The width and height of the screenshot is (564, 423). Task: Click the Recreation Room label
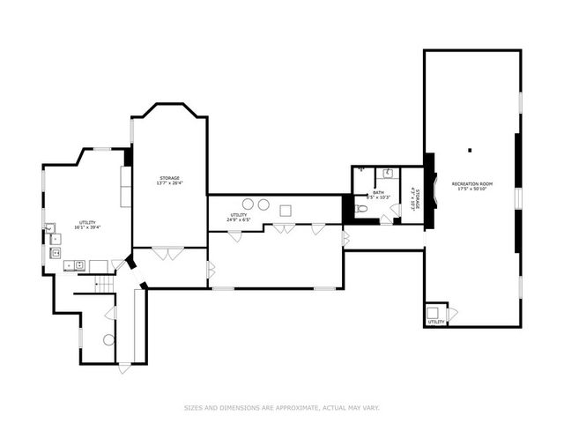click(x=471, y=183)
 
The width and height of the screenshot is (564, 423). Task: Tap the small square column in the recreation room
click(x=471, y=149)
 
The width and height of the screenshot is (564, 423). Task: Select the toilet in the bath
click(x=361, y=209)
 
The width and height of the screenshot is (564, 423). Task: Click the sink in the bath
click(x=388, y=174)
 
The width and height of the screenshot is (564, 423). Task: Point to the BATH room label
click(x=378, y=192)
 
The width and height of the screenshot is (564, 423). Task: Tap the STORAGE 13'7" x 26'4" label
click(x=169, y=181)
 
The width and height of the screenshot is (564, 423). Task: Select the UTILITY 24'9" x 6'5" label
click(x=239, y=217)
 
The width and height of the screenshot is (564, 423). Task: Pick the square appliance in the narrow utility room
click(x=286, y=210)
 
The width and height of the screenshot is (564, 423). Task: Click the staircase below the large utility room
click(x=105, y=284)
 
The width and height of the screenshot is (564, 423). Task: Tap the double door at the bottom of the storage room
click(x=167, y=253)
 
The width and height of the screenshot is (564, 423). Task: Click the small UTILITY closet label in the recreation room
click(x=435, y=322)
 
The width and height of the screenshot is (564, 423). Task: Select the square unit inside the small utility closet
click(x=434, y=311)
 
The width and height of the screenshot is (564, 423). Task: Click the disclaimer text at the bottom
click(x=281, y=407)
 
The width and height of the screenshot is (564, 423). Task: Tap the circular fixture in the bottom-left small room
click(x=108, y=339)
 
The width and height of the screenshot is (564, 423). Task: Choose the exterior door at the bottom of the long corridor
click(x=124, y=367)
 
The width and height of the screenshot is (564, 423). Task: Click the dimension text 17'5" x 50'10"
click(x=471, y=189)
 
